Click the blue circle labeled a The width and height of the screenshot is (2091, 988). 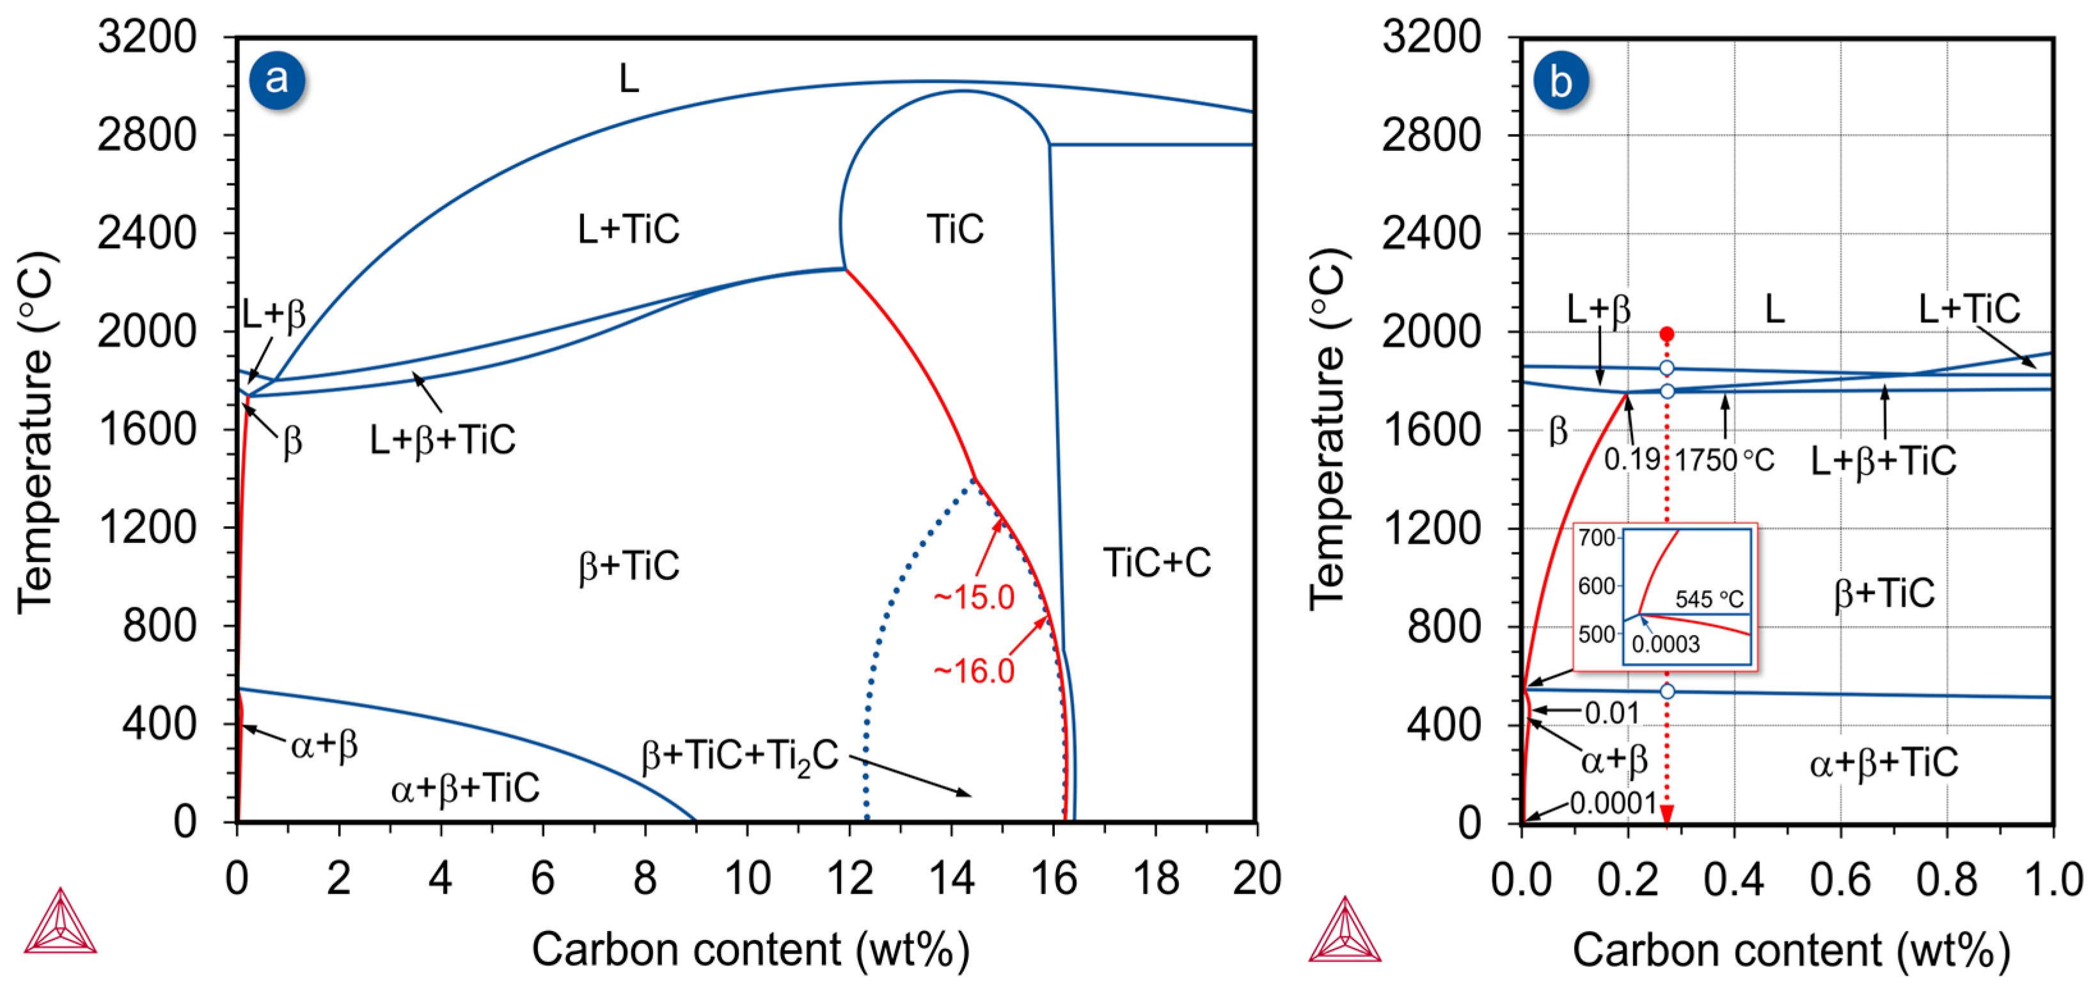coord(277,79)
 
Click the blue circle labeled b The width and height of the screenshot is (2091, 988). coord(1560,81)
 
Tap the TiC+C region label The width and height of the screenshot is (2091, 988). coord(1156,563)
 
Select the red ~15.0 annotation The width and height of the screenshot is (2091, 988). coord(974,597)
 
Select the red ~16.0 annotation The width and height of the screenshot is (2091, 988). coord(974,671)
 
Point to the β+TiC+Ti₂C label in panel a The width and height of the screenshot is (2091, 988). coord(739,756)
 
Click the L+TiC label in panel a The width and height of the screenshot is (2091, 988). coord(628,229)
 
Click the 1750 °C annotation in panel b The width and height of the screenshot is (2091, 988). coord(1724,460)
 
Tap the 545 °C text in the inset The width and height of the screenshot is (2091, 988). coord(1708,599)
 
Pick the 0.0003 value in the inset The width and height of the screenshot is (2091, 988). coord(1666,644)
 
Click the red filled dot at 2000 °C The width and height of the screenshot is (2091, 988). coord(1666,334)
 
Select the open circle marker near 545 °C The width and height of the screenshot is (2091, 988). coord(1666,692)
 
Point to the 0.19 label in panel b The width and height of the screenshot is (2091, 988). coord(1632,460)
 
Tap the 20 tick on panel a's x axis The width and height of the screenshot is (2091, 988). coord(1256,879)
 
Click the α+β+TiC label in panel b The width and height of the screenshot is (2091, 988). coord(1883,762)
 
